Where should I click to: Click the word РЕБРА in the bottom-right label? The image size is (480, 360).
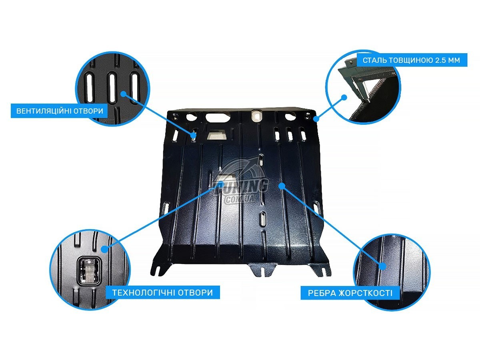pos(322,293)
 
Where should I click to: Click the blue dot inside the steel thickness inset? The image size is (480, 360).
pos(344,98)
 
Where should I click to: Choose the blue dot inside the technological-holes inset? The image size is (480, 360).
pos(105,249)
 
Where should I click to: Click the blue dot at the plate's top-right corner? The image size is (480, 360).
pos(316,119)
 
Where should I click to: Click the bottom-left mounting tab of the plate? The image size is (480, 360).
pos(161,266)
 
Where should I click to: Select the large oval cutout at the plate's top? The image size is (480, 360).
pos(218,118)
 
